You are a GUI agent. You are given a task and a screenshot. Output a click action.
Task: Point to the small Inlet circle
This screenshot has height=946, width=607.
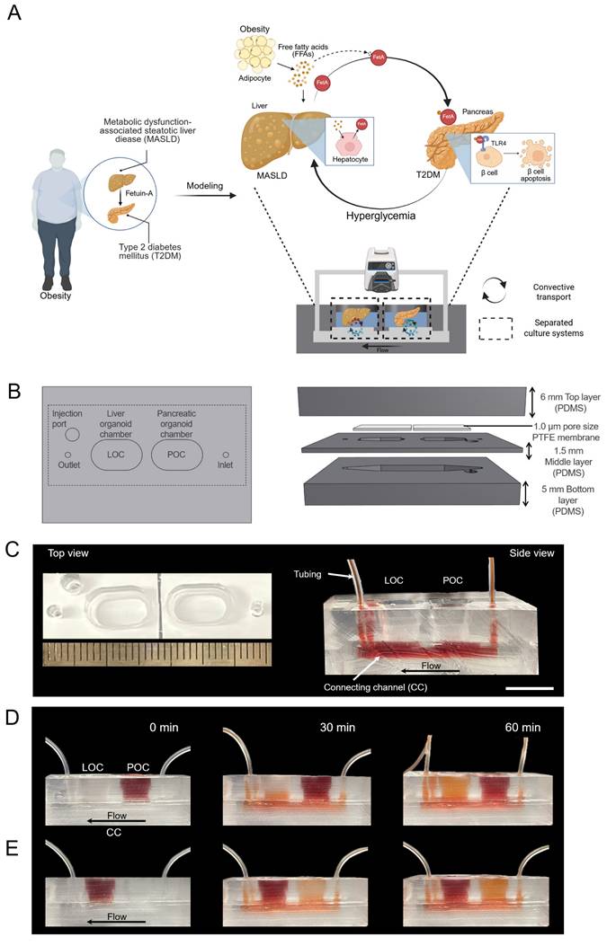point(226,455)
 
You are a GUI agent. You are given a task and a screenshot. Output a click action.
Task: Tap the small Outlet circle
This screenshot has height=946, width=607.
point(68,455)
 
